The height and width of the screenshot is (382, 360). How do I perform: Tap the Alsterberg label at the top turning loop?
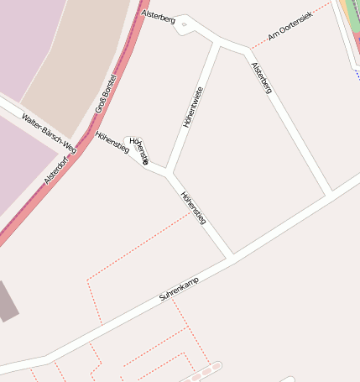159,16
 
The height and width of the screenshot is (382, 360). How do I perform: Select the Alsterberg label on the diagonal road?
262,75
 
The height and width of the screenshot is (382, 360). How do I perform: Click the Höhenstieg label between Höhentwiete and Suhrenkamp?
194,207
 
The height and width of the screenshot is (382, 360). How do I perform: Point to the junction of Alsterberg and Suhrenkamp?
331,192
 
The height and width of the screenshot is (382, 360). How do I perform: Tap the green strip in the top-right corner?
352,17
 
